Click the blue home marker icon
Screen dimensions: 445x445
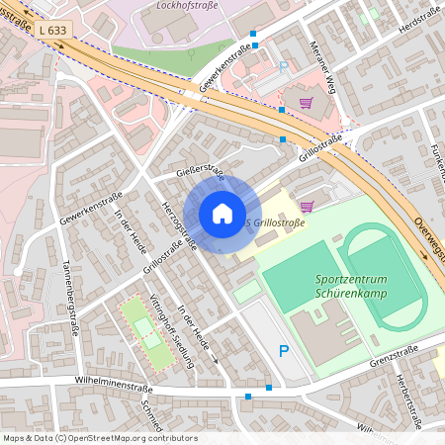point(222,214)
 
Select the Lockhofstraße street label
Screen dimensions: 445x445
point(189,5)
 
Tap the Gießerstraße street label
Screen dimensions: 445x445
point(201,174)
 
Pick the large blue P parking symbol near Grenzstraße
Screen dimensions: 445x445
point(284,351)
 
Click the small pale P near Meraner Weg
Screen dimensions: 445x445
point(284,67)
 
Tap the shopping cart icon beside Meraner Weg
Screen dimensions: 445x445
point(307,102)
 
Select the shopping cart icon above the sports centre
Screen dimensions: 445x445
point(307,206)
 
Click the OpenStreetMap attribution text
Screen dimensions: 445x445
point(99,438)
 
